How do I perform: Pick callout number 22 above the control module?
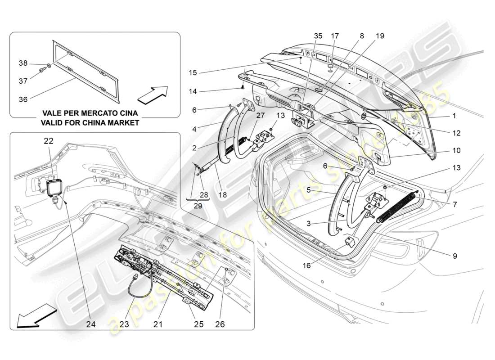click(x=48, y=141)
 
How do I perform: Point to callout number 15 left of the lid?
click(x=193, y=72)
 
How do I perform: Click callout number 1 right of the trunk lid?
click(x=454, y=116)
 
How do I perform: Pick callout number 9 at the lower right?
click(x=454, y=256)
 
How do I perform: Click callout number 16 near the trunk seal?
click(x=306, y=265)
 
